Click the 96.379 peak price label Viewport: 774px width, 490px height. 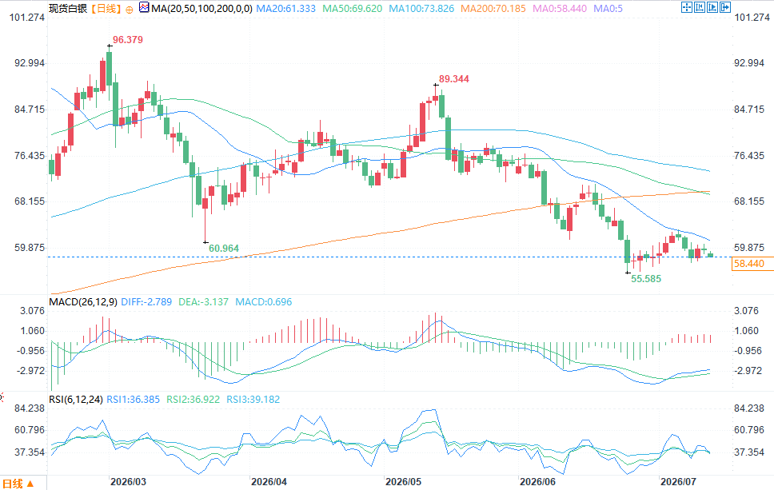tap(128, 40)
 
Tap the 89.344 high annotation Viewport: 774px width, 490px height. tap(453, 79)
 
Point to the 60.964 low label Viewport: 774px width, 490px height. tap(224, 249)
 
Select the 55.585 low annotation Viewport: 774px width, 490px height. tap(645, 279)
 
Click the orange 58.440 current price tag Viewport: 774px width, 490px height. tap(749, 264)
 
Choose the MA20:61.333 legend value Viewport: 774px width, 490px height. tap(285, 8)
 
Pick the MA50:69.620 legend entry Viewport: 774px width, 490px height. tap(353, 8)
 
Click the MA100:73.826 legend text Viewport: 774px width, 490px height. tap(421, 8)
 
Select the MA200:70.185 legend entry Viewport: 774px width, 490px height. tap(493, 8)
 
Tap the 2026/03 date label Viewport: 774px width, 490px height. tap(129, 482)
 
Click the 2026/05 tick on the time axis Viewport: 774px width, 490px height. tap(403, 482)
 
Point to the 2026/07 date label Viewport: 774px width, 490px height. tap(678, 482)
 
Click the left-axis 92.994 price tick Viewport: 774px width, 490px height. tap(29, 63)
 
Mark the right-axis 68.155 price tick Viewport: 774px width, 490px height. tap(749, 201)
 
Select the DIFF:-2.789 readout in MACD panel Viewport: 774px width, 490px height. tap(146, 301)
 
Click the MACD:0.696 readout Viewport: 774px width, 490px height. tap(264, 301)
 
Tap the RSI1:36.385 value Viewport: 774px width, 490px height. tap(134, 399)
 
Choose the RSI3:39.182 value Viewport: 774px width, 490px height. tap(253, 399)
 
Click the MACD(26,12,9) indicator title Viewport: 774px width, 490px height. tap(83, 301)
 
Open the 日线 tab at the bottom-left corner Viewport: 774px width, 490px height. tap(18, 484)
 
